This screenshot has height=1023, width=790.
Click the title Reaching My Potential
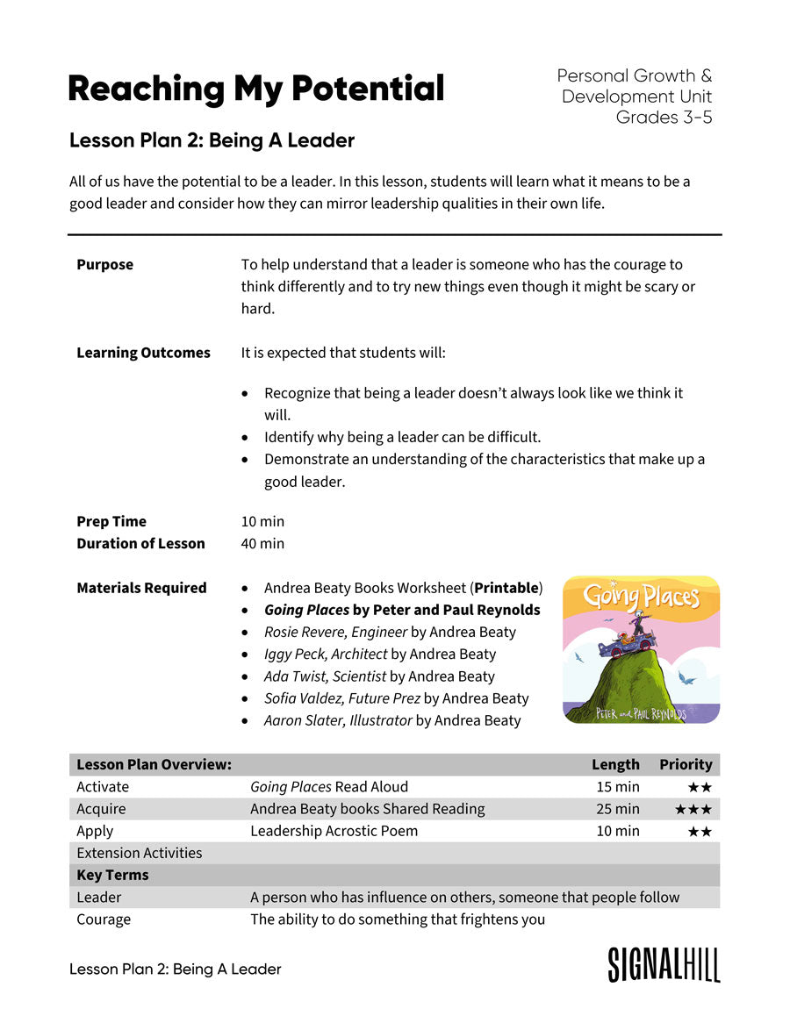pyautogui.click(x=255, y=89)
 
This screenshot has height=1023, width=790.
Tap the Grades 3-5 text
pyautogui.click(x=664, y=118)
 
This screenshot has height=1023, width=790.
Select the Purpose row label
pyautogui.click(x=104, y=264)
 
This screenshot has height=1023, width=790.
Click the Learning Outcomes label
pyautogui.click(x=143, y=353)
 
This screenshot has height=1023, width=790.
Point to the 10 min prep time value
pyautogui.click(x=262, y=521)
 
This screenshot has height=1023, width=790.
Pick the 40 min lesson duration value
pyautogui.click(x=262, y=543)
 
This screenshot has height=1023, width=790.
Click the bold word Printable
pyautogui.click(x=506, y=588)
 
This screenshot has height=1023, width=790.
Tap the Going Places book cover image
pyautogui.click(x=641, y=649)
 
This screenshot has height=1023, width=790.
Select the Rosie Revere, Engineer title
pyautogui.click(x=335, y=632)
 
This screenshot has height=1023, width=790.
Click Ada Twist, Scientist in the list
pyautogui.click(x=325, y=676)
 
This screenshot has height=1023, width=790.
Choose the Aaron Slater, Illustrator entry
pyautogui.click(x=338, y=720)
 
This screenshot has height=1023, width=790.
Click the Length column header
pyautogui.click(x=615, y=764)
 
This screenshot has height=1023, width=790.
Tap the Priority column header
pyautogui.click(x=686, y=764)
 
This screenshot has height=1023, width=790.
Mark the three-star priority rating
pyautogui.click(x=693, y=809)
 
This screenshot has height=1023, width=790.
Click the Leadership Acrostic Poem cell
pyautogui.click(x=334, y=831)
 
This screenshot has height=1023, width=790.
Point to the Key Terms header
pyautogui.click(x=112, y=875)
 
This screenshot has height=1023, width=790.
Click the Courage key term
pyautogui.click(x=104, y=919)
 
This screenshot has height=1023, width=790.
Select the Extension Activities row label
pyautogui.click(x=139, y=853)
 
